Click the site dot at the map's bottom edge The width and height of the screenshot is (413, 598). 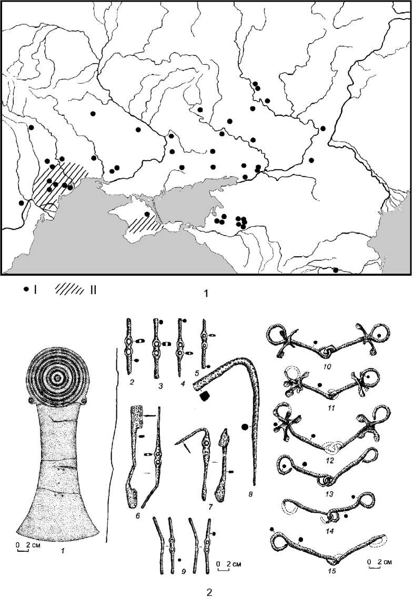pyautogui.click(x=335, y=271)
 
